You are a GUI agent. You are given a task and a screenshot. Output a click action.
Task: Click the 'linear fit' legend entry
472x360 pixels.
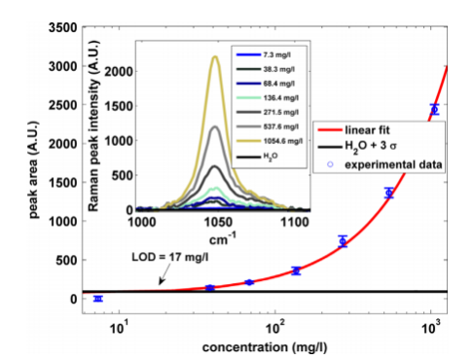click(353, 130)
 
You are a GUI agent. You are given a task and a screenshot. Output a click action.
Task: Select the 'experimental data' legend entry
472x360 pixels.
click(384, 164)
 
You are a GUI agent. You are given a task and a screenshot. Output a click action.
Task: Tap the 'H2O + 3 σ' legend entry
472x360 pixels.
click(357, 147)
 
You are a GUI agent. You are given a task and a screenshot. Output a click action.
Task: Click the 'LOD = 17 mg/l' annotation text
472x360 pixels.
click(170, 257)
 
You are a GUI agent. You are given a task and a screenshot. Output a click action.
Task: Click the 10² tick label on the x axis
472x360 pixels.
click(275, 328)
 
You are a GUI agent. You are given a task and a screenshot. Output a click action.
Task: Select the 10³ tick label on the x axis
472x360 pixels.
click(431, 328)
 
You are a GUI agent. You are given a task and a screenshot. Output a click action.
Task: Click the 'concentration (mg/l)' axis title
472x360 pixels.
click(265, 347)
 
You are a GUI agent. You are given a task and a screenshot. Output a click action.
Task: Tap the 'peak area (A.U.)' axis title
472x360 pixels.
click(33, 169)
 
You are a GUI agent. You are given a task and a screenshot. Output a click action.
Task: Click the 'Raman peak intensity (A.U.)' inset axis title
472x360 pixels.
click(93, 126)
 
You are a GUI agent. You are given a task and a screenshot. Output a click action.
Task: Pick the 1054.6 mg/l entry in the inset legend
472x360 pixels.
click(270, 141)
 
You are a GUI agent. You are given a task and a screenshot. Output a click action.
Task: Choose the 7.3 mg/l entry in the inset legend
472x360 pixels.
click(264, 54)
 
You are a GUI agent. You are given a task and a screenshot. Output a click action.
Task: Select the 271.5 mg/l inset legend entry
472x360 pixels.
click(268, 112)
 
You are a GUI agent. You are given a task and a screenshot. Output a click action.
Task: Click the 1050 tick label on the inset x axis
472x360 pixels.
click(219, 223)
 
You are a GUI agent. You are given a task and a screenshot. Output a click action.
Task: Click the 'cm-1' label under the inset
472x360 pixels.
click(223, 239)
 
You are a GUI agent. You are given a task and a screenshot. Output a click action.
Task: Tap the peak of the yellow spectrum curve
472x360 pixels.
click(215, 56)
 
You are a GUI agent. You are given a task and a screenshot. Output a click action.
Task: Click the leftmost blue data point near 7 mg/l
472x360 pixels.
click(98, 299)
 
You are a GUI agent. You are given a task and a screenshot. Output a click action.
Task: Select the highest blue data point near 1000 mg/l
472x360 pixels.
click(435, 109)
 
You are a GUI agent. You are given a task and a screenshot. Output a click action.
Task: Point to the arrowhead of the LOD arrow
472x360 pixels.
click(161, 283)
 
